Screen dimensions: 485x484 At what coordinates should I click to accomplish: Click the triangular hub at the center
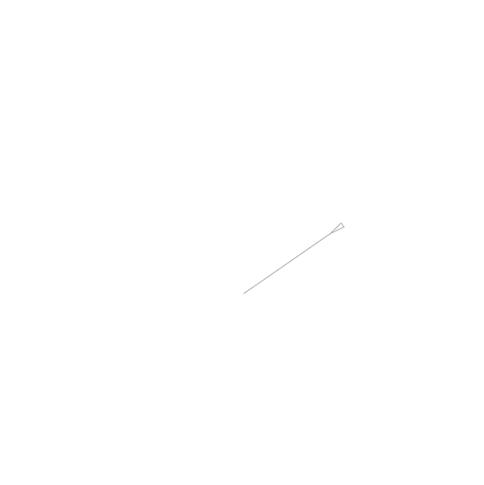tap(243, 293)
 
